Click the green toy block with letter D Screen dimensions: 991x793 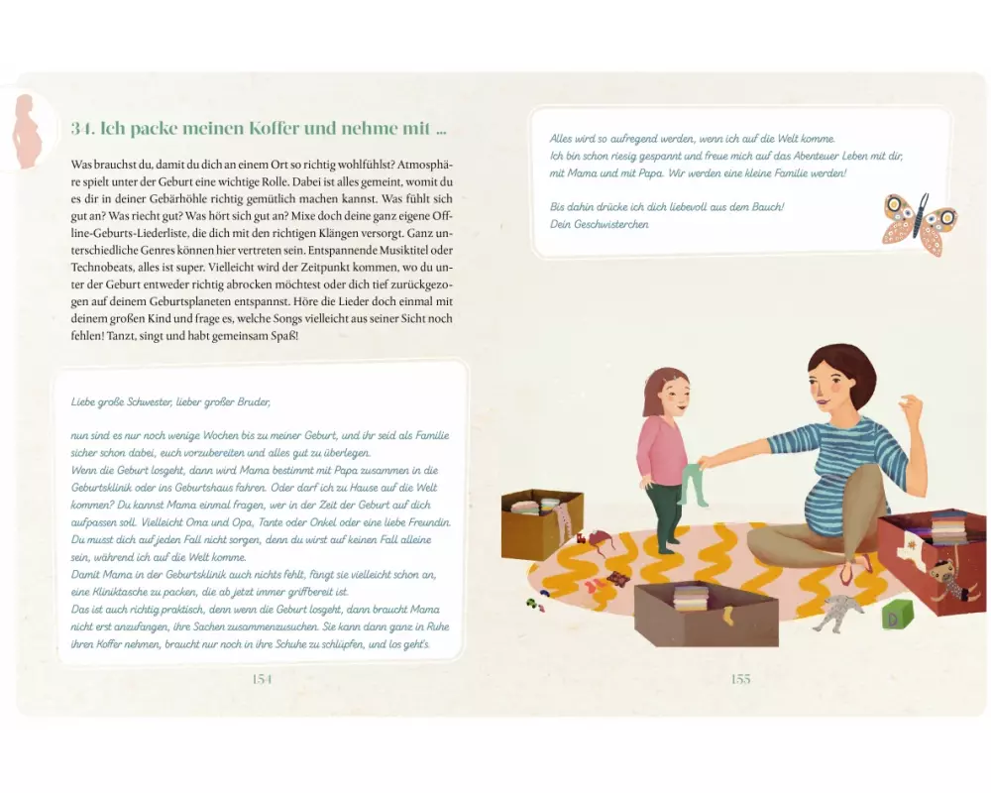[x=898, y=614]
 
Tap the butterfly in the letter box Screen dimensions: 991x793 [x=920, y=224]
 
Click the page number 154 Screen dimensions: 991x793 [x=262, y=679]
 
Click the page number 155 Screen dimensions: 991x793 [x=740, y=679]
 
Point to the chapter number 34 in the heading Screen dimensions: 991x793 [x=83, y=129]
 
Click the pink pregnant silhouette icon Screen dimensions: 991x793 [x=27, y=132]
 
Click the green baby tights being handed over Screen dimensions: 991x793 [x=691, y=485]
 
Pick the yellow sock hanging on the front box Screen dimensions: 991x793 [x=728, y=616]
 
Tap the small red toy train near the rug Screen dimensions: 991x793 [x=579, y=538]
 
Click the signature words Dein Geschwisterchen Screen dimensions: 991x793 [x=599, y=224]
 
